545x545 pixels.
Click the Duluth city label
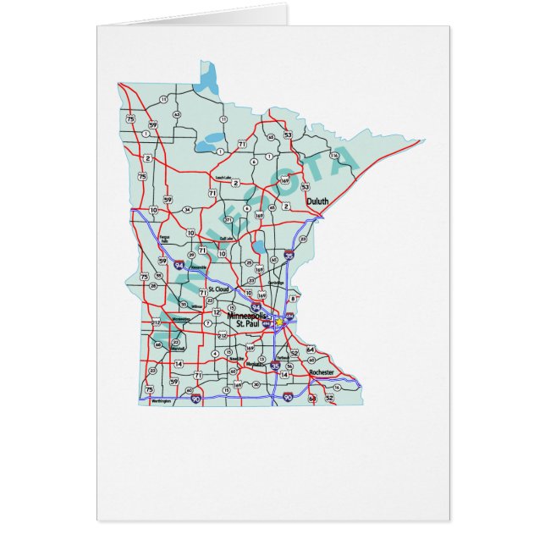coord(295,201)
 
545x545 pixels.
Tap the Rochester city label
coord(322,372)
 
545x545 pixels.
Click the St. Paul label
coord(249,324)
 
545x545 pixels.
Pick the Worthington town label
coord(160,401)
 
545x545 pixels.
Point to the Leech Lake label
coord(223,178)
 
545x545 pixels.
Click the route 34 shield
coord(186,209)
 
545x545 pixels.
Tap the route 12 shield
coord(217,312)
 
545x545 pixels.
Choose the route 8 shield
coord(293,298)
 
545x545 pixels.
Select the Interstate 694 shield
coord(289,316)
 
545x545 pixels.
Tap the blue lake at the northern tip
coord(206,82)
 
